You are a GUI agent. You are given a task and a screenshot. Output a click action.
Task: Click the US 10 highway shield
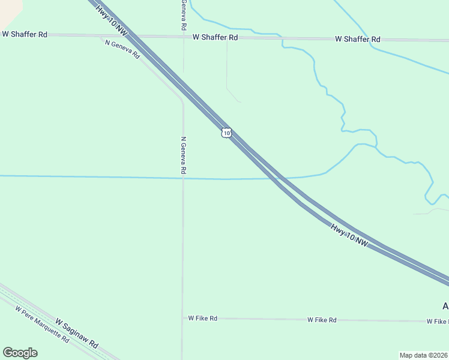[225, 133]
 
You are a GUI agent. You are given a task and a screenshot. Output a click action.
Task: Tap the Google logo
[20, 353]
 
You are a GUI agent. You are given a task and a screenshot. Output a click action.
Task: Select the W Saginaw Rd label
[77, 334]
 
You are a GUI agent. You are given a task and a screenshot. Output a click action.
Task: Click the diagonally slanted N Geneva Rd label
[122, 49]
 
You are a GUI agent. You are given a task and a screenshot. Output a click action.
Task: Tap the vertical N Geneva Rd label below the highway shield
[183, 155]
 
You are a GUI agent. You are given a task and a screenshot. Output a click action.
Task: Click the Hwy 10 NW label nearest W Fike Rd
[349, 234]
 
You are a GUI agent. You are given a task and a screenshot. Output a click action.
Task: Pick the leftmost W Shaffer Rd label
[25, 34]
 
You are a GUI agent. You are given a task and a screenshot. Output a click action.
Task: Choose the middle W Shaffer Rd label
[215, 37]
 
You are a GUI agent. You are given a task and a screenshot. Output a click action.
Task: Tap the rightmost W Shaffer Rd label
[358, 39]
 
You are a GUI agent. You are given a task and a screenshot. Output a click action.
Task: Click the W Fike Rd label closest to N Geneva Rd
[202, 318]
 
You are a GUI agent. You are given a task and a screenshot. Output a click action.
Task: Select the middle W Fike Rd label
[322, 320]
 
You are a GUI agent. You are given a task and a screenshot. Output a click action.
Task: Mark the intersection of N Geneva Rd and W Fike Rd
[182, 318]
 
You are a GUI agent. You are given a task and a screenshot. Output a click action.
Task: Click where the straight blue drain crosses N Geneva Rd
[183, 178]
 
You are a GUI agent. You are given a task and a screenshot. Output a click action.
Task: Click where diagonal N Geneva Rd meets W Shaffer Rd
[101, 36]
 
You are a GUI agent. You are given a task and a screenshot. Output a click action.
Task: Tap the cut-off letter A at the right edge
[445, 306]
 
